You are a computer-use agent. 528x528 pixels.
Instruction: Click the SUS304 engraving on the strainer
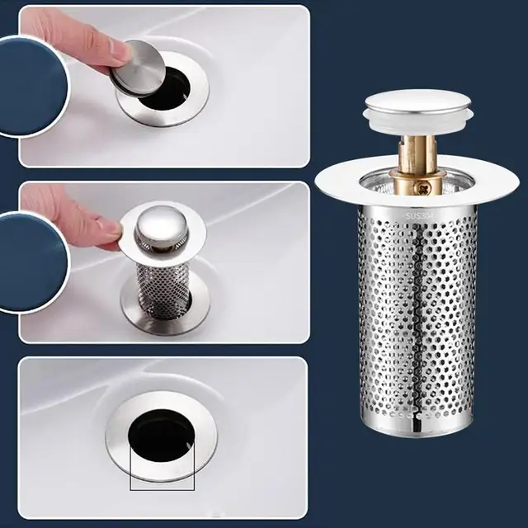pyautogui.click(x=419, y=217)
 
